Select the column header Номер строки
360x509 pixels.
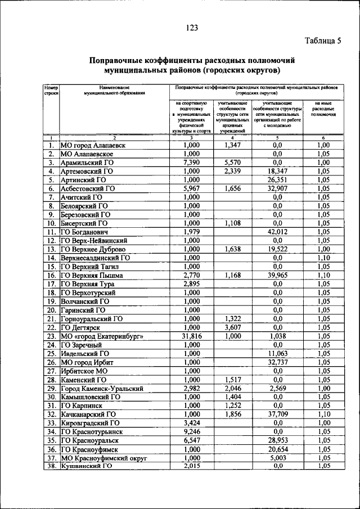[x=51, y=91]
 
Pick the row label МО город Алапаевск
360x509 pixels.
[x=93, y=145]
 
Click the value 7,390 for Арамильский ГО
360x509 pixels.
[x=192, y=162]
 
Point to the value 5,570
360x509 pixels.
[x=232, y=162]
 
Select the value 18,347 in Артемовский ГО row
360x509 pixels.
[x=277, y=171]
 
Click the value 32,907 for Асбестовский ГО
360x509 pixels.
[x=277, y=188]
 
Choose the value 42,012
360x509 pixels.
[x=277, y=231]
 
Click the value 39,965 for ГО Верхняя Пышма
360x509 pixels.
[x=277, y=275]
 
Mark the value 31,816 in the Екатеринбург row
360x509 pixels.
[x=192, y=336]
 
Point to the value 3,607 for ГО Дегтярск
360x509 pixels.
[x=232, y=327]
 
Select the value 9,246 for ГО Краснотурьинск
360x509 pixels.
[x=192, y=431]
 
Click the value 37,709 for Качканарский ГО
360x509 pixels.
[x=277, y=414]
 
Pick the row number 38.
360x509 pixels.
[x=51, y=466]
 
